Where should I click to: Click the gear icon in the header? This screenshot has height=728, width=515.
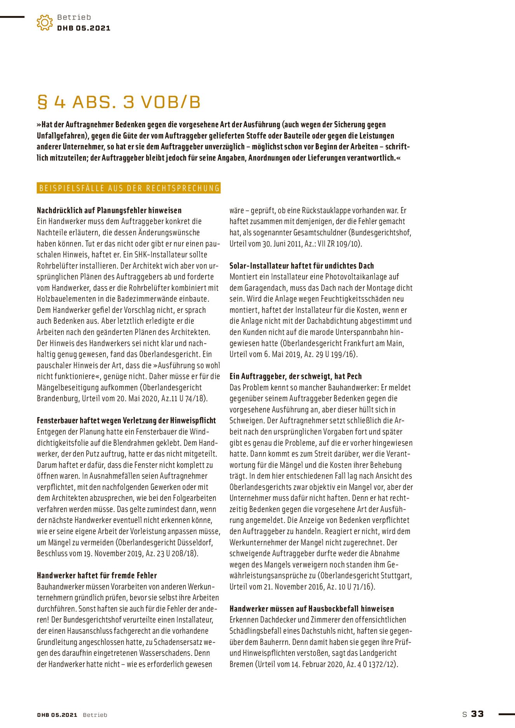tap(45, 23)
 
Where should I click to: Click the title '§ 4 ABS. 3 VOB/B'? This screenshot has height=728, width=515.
tap(118, 102)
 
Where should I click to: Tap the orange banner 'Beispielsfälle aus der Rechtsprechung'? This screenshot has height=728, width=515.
tap(129, 188)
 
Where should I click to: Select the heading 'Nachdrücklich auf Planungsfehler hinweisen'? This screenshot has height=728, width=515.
tap(109, 210)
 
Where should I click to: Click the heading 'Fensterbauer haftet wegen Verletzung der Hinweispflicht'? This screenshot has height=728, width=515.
tap(126, 420)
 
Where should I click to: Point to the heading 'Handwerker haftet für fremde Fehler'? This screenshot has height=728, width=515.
tap(97, 575)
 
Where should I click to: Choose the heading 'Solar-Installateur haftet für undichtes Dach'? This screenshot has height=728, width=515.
tap(301, 266)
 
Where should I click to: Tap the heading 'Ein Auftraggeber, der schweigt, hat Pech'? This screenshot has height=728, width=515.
tap(295, 376)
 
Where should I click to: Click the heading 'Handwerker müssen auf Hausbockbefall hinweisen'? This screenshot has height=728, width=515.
tap(311, 609)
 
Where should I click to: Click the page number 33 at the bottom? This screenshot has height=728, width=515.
tap(477, 714)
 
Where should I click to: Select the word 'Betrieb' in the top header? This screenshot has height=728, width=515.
tap(74, 17)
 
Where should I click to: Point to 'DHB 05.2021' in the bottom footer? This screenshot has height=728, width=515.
tap(57, 715)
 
